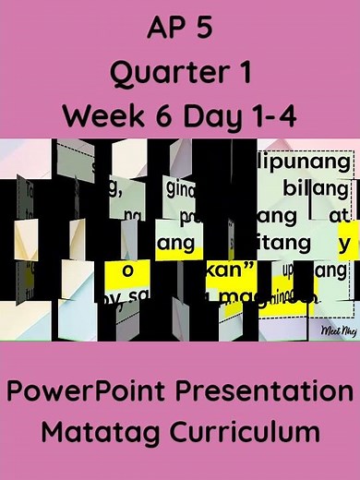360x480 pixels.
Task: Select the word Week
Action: tap(103, 116)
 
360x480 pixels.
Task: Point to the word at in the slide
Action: tap(333, 217)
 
